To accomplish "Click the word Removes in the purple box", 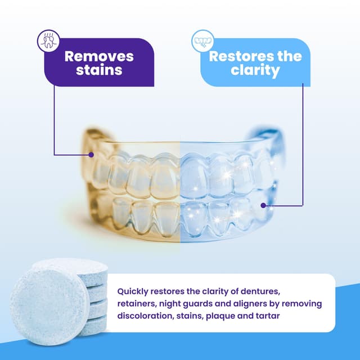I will [99, 56].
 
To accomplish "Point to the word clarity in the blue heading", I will [255, 71].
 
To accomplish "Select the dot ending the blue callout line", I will [263, 206].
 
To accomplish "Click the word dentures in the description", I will [285, 292].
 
